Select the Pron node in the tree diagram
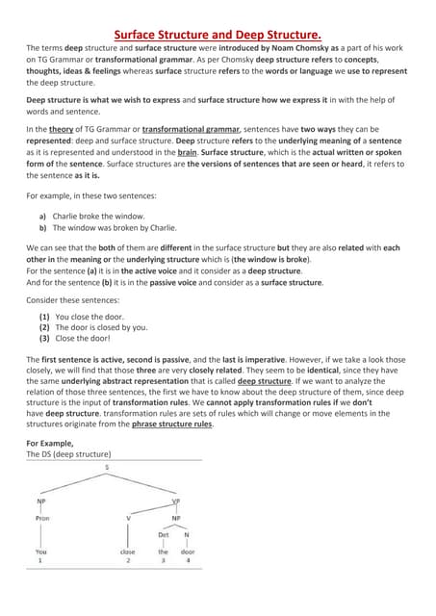click(x=42, y=517)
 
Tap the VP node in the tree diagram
click(x=175, y=500)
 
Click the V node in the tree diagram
click(x=129, y=517)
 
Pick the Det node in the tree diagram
click(x=163, y=534)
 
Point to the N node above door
click(x=187, y=534)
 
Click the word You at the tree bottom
click(x=41, y=552)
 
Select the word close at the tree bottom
click(x=128, y=552)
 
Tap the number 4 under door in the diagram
click(x=188, y=559)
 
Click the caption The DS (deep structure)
click(x=68, y=453)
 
